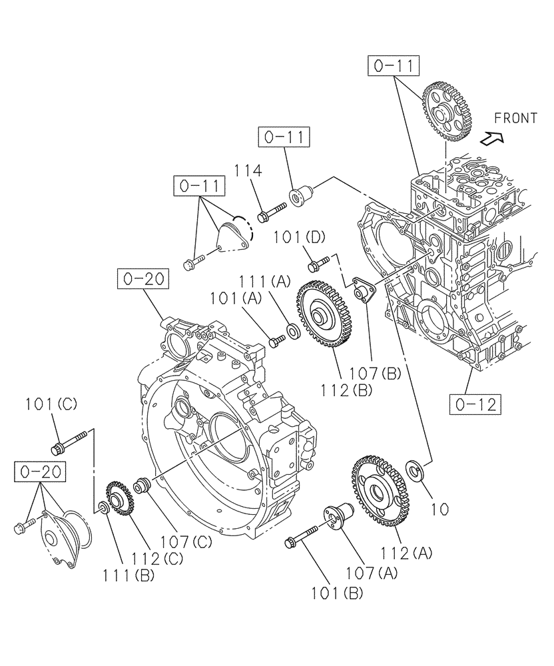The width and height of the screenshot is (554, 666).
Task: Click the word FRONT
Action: [515, 118]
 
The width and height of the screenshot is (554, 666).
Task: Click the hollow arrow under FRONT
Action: [492, 139]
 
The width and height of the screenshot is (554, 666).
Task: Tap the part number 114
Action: [247, 171]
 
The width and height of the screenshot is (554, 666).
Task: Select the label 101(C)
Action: [52, 404]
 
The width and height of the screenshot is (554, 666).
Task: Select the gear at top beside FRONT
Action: [447, 109]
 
